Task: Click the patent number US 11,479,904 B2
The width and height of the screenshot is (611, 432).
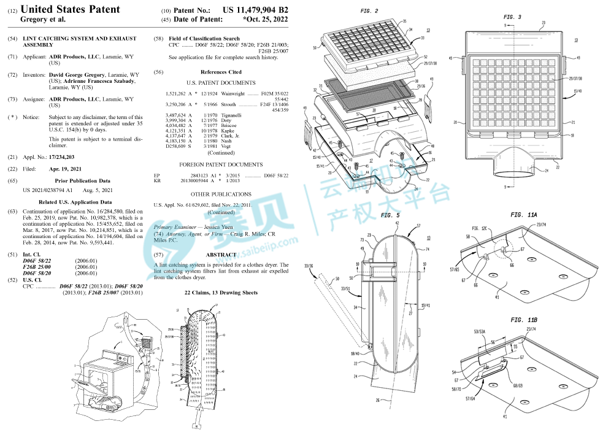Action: coord(255,10)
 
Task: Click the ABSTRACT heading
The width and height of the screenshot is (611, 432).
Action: coord(221,255)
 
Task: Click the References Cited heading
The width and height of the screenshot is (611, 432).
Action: coord(221,72)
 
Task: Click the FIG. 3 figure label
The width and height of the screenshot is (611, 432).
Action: coord(512,17)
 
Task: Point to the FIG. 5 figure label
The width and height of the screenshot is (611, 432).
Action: coord(390,215)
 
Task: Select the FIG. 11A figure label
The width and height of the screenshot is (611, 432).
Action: coord(524,215)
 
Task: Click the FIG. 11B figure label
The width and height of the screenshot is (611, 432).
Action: coord(524,320)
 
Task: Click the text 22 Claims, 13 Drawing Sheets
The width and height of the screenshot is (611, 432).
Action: coord(221,293)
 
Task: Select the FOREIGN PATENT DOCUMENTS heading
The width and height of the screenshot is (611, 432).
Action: coord(221,165)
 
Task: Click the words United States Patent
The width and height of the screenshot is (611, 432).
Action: coord(71,9)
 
